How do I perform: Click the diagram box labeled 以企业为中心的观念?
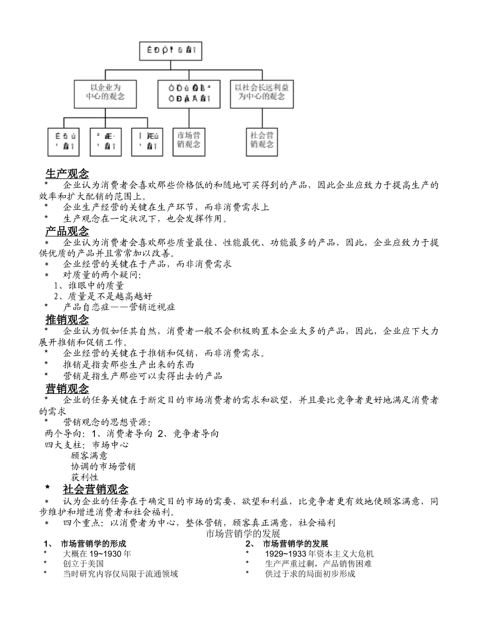pyautogui.click(x=106, y=93)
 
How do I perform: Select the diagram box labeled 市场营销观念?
pyautogui.click(x=189, y=140)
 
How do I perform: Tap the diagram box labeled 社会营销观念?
pyautogui.click(x=262, y=140)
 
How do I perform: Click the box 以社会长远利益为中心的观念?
pyautogui.click(x=262, y=93)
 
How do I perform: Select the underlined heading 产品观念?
pyautogui.click(x=67, y=232)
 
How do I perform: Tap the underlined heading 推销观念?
pyautogui.click(x=67, y=320)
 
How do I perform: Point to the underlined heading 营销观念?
pyautogui.click(x=67, y=389)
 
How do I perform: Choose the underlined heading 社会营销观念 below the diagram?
pyautogui.click(x=95, y=490)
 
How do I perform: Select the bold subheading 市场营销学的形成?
pyautogui.click(x=93, y=544)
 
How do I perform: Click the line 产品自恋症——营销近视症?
pyautogui.click(x=119, y=307)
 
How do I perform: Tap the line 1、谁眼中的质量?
pyautogui.click(x=89, y=286)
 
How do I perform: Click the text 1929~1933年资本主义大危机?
pyautogui.click(x=319, y=554)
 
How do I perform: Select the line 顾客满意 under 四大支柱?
pyautogui.click(x=89, y=456)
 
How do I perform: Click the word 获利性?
pyautogui.click(x=84, y=477)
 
